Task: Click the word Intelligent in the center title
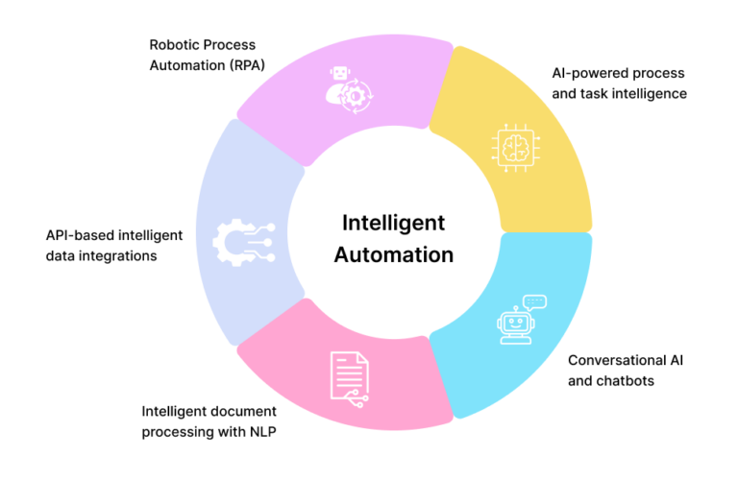point(394,223)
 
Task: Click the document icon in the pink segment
point(348,374)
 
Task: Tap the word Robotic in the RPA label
point(175,44)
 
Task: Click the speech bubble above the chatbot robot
point(535,301)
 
